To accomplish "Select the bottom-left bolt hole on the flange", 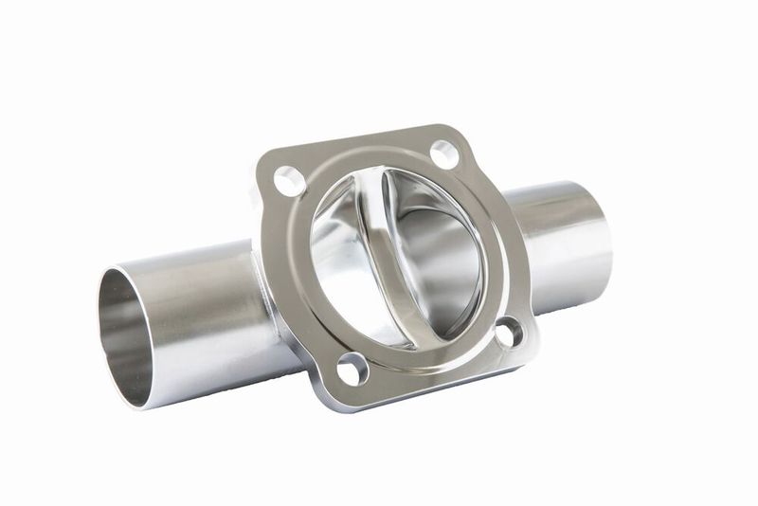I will tap(352, 369).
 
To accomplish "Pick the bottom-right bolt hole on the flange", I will tap(508, 332).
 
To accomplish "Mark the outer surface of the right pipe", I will tap(559, 246).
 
